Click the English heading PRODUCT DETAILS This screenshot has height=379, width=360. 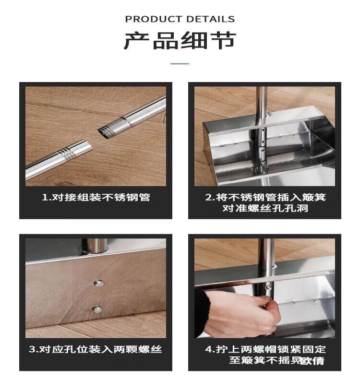point(180,19)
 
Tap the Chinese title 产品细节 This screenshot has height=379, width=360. point(180,41)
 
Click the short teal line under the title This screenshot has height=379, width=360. point(180,64)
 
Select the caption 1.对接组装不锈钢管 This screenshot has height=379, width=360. point(96,197)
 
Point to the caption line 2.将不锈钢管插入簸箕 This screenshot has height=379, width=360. point(265,197)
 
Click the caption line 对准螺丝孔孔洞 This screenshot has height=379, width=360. point(265,208)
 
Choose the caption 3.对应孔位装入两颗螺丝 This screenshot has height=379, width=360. point(95,349)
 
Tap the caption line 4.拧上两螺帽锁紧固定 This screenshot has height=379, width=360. point(265,349)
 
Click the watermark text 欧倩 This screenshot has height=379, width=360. point(312,361)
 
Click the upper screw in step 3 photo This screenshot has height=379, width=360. point(98,283)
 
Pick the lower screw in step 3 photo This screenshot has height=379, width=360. point(97,309)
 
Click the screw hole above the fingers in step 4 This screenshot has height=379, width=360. point(268,287)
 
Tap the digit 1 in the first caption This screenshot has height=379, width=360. point(45,198)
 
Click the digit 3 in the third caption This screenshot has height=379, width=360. point(32,350)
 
